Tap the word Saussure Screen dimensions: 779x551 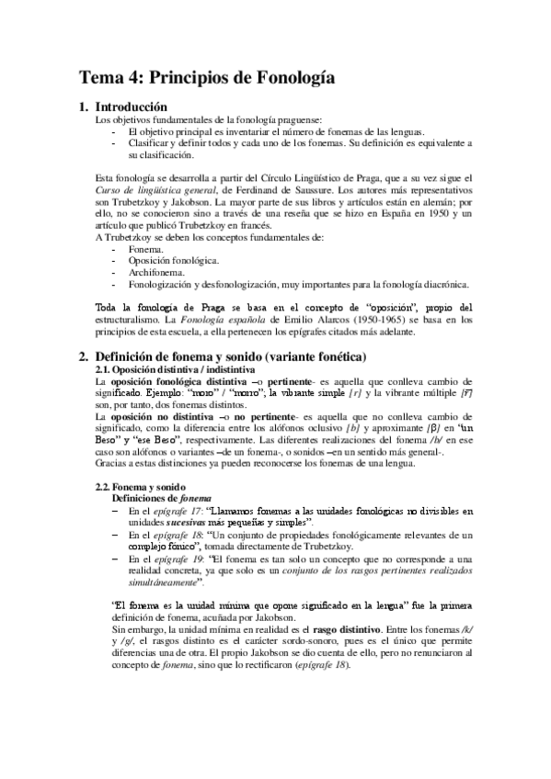(323, 189)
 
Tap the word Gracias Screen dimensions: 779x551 (113, 464)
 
